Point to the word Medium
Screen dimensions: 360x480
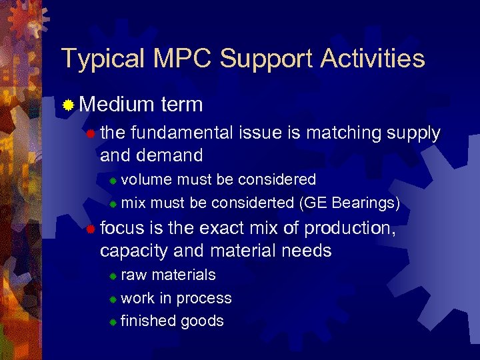pos(116,105)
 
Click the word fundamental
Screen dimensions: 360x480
pos(183,133)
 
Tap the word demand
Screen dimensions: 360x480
pos(169,156)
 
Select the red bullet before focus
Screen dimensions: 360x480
pos(91,229)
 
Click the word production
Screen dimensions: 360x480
pos(349,228)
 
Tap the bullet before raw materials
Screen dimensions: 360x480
pos(113,275)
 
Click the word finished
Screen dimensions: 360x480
pos(148,321)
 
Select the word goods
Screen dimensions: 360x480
pos(202,321)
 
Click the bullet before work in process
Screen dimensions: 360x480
pos(113,299)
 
